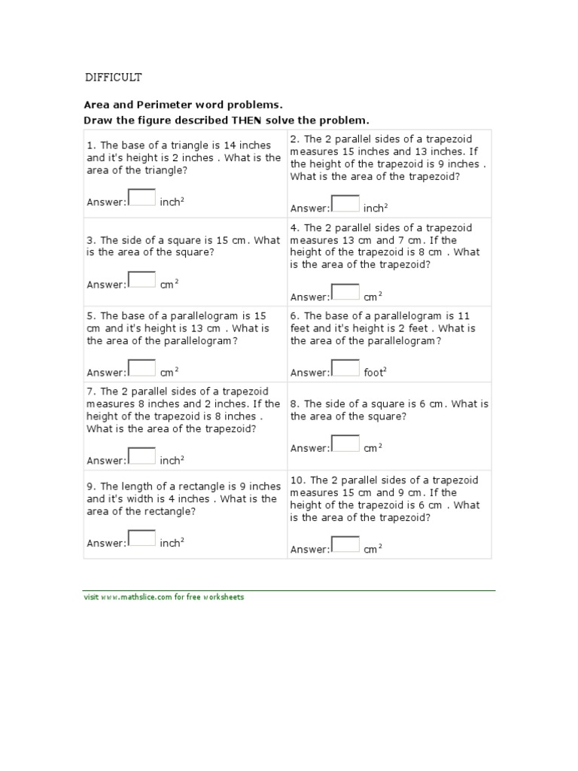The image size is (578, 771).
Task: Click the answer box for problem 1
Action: click(x=142, y=197)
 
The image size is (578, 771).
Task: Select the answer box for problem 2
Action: click(x=345, y=203)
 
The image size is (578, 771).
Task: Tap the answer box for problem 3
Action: click(x=142, y=280)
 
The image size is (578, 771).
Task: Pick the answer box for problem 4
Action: click(x=345, y=292)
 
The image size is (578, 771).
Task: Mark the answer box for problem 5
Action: click(x=142, y=367)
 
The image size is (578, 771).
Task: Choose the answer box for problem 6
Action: click(x=345, y=367)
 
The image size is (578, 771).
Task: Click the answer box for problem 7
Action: click(x=142, y=456)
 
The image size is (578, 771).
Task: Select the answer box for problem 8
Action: click(x=345, y=443)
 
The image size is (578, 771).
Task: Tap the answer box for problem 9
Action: click(x=142, y=538)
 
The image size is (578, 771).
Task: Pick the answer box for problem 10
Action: click(x=345, y=544)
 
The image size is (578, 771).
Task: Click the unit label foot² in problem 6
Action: click(x=375, y=372)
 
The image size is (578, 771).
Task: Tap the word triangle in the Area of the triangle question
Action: click(x=166, y=170)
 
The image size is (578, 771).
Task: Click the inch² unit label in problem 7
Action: click(x=172, y=460)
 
